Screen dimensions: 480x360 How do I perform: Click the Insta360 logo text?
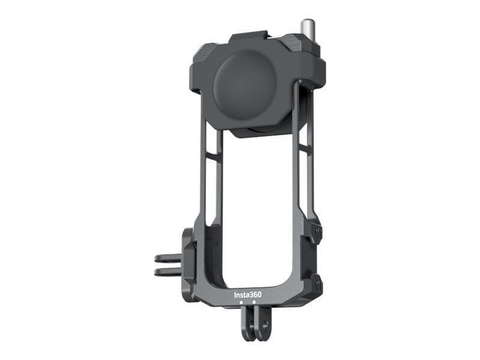coord(248,295)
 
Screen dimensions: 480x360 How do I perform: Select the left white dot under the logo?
coord(241,302)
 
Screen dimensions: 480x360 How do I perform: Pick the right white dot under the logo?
coord(254,302)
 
